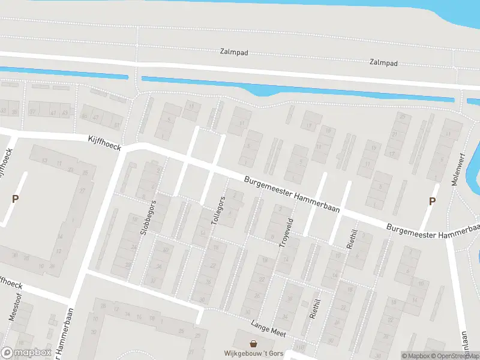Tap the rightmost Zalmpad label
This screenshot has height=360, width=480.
pos(384,62)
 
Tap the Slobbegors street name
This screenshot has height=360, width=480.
pos(149,217)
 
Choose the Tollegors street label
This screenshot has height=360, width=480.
pos(218,210)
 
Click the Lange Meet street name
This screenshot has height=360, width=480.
pos(268,328)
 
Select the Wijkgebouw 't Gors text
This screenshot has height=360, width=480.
pos(253,353)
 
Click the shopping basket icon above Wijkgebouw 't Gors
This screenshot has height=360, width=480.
pos(254,344)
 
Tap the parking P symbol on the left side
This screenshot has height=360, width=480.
pos(16,199)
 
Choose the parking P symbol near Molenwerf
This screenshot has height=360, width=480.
pos(431,202)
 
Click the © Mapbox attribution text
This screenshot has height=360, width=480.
pos(416,356)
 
